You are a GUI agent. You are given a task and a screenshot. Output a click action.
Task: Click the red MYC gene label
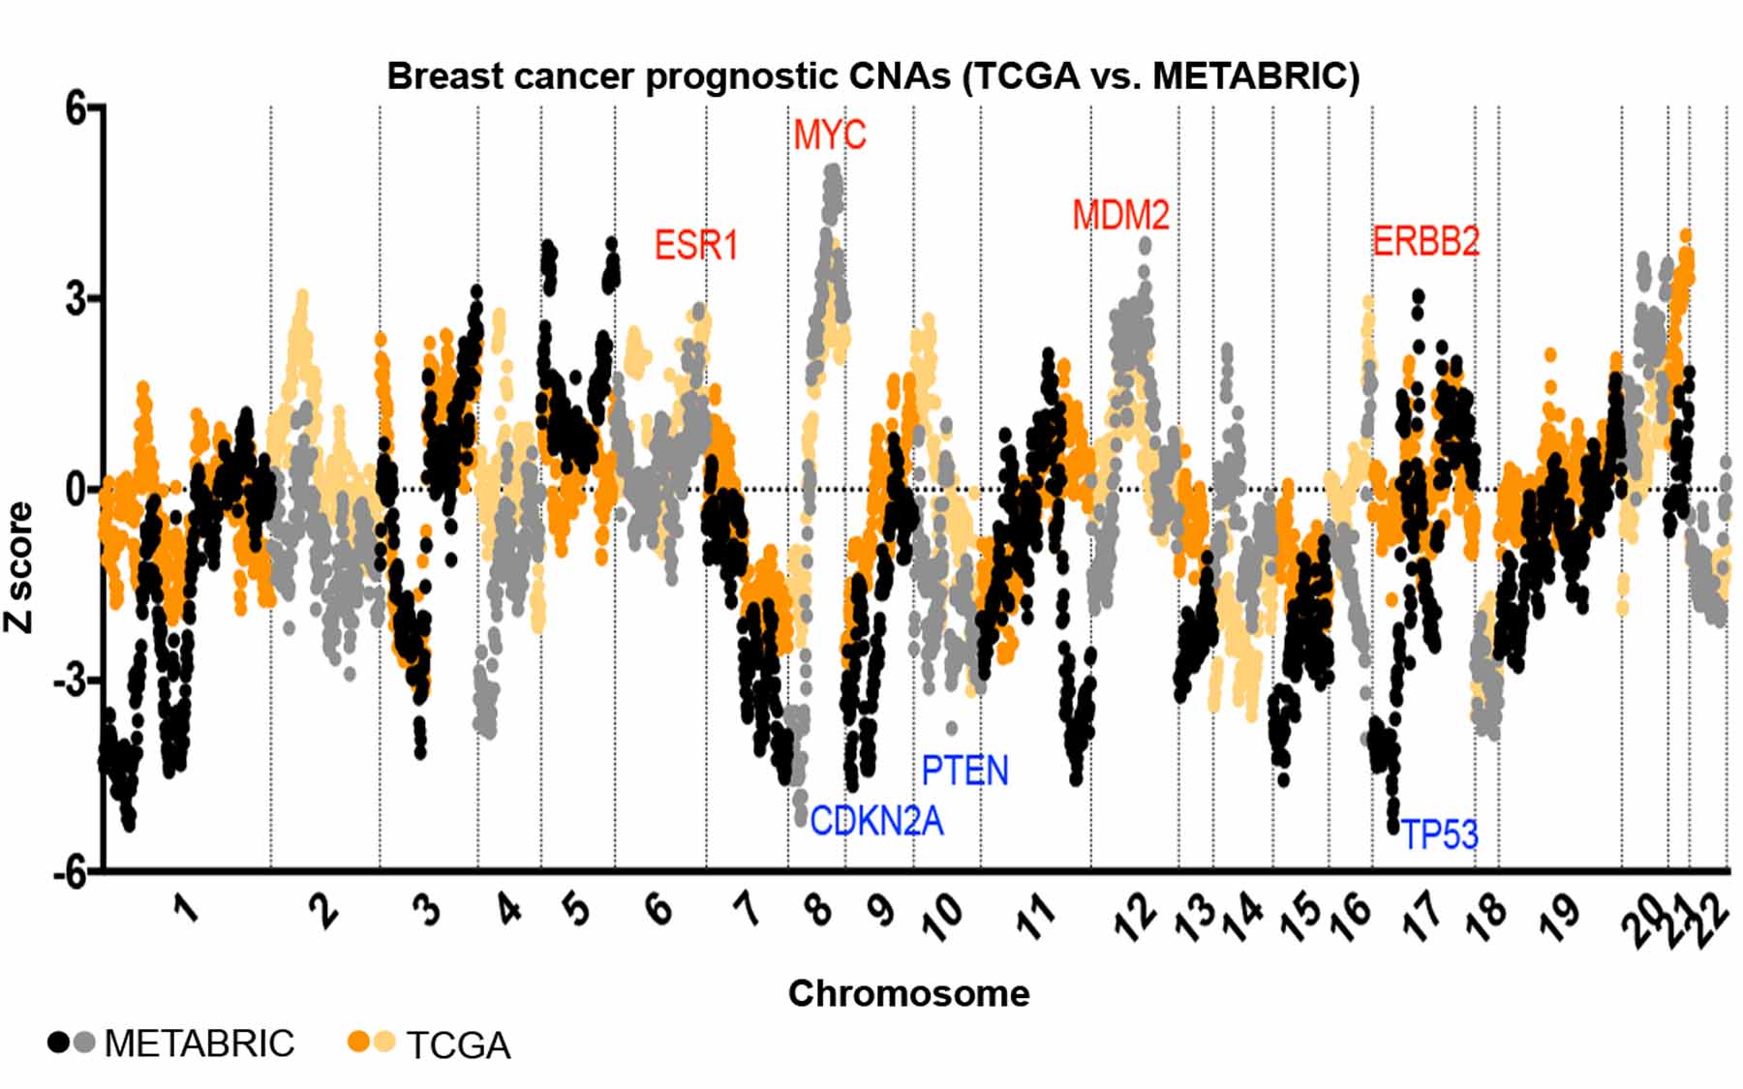(x=829, y=136)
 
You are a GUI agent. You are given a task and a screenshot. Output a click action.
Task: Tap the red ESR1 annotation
(x=695, y=245)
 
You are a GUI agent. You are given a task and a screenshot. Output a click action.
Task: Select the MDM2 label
(x=1120, y=215)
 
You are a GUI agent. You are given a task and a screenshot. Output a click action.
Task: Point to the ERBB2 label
(x=1425, y=241)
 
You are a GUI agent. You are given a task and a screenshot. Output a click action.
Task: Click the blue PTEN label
(x=964, y=771)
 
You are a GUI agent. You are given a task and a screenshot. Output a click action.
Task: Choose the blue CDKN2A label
(x=875, y=821)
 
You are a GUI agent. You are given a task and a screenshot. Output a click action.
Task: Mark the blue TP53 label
(x=1440, y=834)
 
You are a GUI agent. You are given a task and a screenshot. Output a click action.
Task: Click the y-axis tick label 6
(x=76, y=108)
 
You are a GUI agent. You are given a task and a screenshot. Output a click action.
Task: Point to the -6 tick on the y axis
(x=70, y=872)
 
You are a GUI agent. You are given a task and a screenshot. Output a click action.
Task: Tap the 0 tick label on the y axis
(x=76, y=490)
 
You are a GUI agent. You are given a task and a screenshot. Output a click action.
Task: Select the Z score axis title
(x=19, y=567)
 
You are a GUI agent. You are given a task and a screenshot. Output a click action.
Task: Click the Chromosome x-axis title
(x=908, y=994)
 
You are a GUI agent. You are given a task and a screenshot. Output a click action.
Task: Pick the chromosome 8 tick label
(x=819, y=910)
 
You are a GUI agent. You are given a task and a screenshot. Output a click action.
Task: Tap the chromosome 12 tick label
(x=1135, y=916)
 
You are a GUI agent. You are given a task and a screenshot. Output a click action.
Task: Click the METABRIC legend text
(x=199, y=1044)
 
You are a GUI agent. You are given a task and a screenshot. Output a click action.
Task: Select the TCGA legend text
(x=458, y=1045)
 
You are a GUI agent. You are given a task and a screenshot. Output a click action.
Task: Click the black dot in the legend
(x=59, y=1043)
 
